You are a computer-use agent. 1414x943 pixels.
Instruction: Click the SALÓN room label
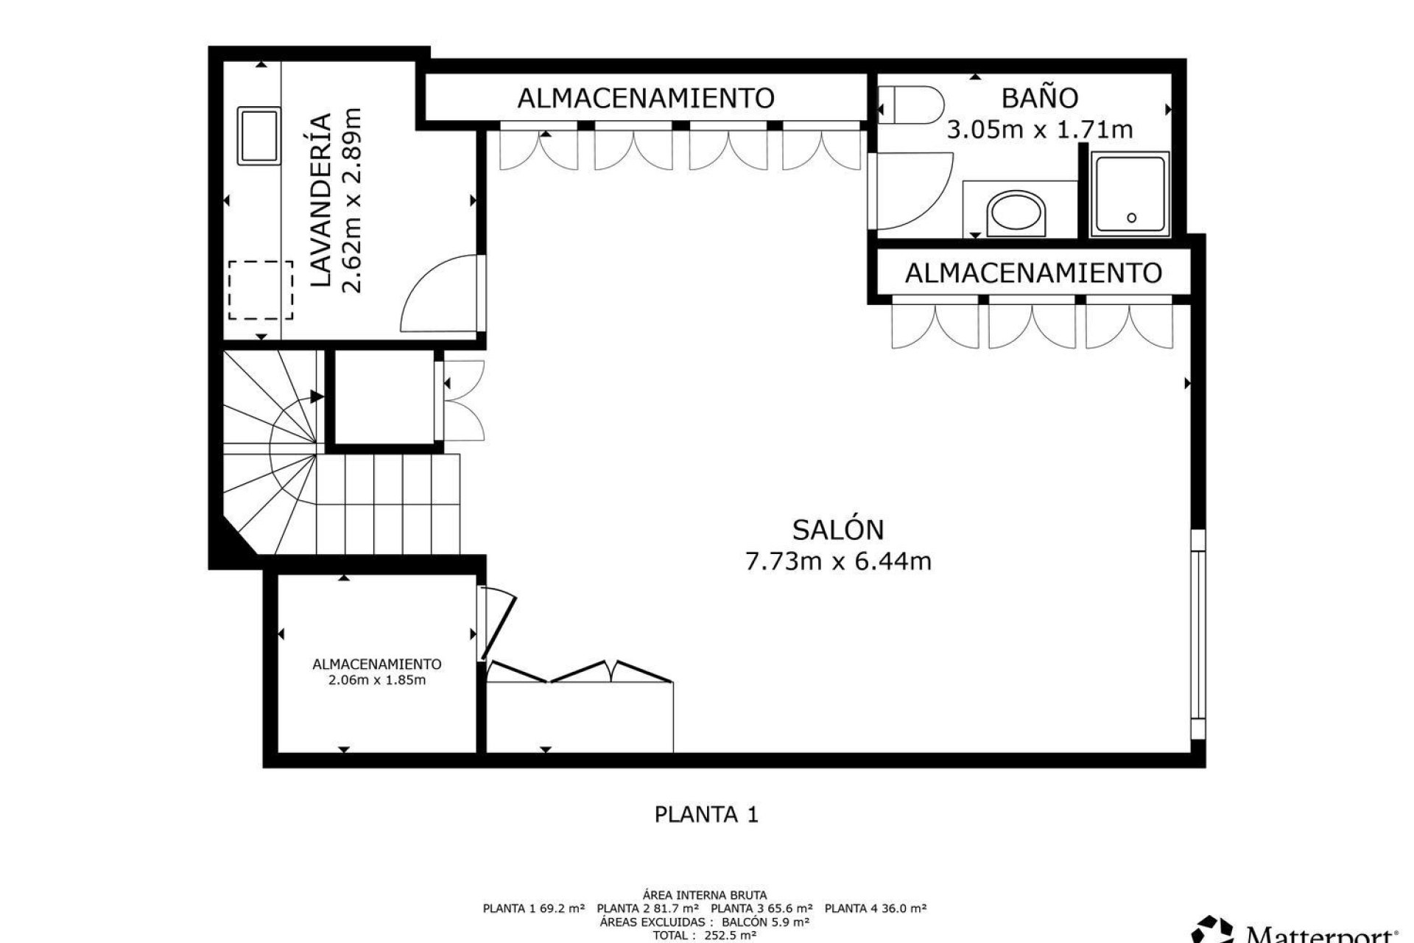point(838,529)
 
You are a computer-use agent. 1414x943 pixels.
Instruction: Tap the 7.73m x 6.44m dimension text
point(838,562)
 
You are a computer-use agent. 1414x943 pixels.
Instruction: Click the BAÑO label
point(1040,97)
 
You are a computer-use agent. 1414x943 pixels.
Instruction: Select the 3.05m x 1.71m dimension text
point(1039,130)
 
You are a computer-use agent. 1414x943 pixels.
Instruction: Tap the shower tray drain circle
point(1131,217)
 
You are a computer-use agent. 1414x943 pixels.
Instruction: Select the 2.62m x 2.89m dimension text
point(353,200)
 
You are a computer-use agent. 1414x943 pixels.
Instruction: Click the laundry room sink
point(258,136)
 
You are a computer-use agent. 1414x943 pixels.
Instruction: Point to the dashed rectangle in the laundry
point(260,290)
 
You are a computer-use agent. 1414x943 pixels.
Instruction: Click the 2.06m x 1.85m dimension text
point(377,680)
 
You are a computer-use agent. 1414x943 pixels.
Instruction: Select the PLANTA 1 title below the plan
point(706,814)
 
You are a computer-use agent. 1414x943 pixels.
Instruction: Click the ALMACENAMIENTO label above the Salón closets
point(646,97)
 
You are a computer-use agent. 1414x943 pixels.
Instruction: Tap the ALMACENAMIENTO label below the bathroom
point(1033,273)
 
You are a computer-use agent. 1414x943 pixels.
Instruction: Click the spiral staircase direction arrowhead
point(317,397)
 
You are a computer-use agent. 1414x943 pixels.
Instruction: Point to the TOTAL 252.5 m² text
point(705,936)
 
